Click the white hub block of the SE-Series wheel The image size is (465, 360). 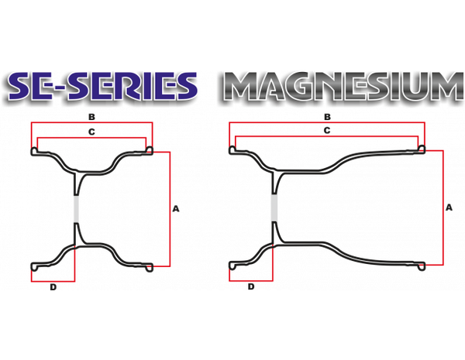75,210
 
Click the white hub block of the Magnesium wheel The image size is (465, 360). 274,207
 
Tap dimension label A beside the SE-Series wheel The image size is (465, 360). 177,207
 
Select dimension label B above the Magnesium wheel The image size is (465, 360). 328,116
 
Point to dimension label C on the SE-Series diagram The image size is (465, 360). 91,133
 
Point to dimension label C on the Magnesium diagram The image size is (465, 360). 328,132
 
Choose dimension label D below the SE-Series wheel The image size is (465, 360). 53,289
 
